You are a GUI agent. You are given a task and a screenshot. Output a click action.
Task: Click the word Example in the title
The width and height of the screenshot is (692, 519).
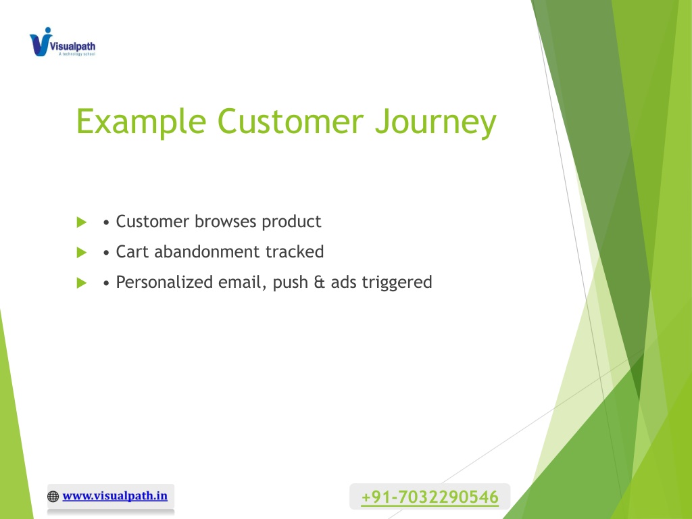tap(141, 122)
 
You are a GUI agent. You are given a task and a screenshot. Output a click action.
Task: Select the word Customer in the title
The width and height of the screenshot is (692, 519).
tap(291, 121)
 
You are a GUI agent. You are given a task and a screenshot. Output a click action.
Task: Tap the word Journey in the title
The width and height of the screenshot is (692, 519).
tap(436, 123)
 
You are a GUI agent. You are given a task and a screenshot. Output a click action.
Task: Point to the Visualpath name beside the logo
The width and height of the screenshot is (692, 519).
tap(72, 46)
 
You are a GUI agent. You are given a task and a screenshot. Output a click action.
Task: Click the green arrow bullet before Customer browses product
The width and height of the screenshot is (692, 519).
tap(82, 222)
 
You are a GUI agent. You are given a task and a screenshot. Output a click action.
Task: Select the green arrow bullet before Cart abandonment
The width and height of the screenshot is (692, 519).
tap(82, 253)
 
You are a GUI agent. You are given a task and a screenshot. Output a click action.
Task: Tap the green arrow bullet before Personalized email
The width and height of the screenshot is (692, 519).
tap(82, 283)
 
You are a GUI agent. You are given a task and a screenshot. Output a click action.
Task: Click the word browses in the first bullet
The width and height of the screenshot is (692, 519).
tap(225, 221)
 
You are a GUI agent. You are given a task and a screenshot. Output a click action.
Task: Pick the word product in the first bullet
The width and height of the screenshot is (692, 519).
tap(291, 222)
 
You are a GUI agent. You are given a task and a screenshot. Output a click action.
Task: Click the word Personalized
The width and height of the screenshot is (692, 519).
tap(164, 282)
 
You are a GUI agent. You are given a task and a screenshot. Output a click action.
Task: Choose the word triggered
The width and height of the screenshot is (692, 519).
tap(397, 283)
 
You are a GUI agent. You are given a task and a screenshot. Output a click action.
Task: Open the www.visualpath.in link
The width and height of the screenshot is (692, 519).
tap(115, 496)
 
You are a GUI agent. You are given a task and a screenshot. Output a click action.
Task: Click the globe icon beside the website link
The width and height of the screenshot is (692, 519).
tap(53, 497)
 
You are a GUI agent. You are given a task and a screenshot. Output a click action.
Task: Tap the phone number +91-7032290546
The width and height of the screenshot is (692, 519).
tap(430, 497)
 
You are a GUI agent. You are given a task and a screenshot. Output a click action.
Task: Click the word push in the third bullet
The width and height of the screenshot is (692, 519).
tap(291, 283)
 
